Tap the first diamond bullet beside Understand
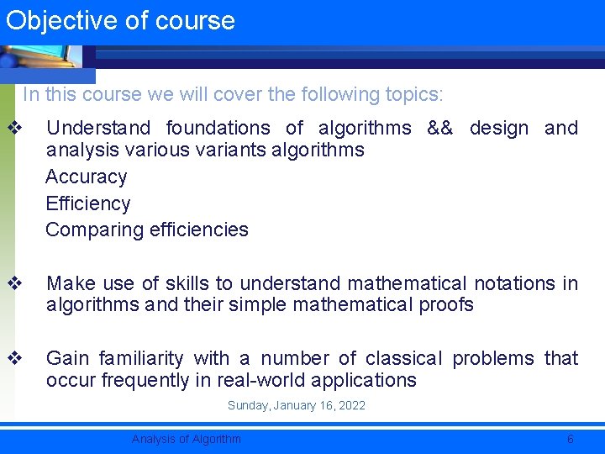13,129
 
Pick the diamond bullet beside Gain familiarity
13,359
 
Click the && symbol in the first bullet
439,129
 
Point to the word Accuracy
86,177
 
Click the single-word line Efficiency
87,204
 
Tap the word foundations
218,129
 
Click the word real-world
251,381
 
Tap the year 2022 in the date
351,406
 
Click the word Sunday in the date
248,406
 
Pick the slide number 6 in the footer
571,439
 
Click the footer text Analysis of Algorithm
186,439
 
